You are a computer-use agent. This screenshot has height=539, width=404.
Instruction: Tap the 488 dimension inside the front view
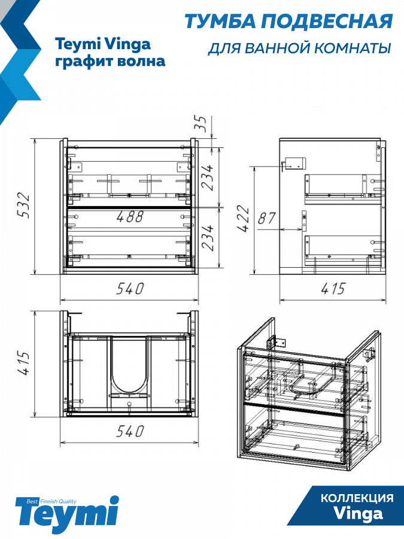point(130,216)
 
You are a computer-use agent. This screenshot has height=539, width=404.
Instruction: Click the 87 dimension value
point(266,218)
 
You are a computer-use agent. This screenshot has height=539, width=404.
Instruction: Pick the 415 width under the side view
point(333,289)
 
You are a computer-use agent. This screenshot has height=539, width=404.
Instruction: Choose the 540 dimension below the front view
point(130,289)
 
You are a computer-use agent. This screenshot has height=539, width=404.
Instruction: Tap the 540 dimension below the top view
point(130,431)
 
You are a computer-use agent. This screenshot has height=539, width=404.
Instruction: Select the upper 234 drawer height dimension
point(207,177)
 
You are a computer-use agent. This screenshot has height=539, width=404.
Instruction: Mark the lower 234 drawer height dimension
point(207,238)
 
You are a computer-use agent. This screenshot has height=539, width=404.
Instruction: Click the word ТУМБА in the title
point(220,22)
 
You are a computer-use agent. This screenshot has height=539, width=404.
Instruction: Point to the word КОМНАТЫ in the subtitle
point(353,49)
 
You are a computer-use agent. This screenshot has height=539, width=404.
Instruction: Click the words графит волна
point(110,61)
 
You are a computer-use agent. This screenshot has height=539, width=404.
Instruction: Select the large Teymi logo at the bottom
point(66,514)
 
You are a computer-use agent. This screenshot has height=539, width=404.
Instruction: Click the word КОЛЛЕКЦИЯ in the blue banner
point(357,498)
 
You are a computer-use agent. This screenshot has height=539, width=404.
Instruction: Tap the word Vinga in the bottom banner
point(358,514)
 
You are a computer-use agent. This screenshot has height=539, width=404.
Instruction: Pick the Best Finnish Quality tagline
point(51,501)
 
